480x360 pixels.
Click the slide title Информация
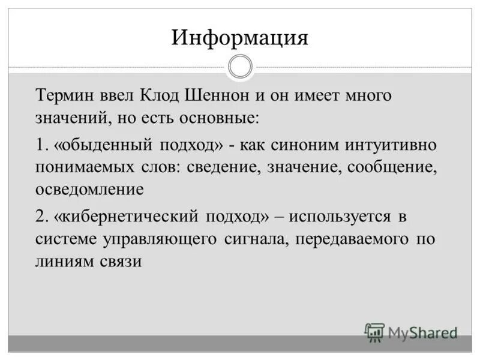[x=240, y=38]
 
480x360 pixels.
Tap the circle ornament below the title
[x=240, y=66]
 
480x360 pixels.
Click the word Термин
[x=65, y=96]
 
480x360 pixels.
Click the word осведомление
[x=89, y=190]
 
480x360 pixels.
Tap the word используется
[x=339, y=216]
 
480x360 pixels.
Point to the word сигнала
[x=287, y=238]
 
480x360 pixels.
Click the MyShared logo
[x=411, y=332]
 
